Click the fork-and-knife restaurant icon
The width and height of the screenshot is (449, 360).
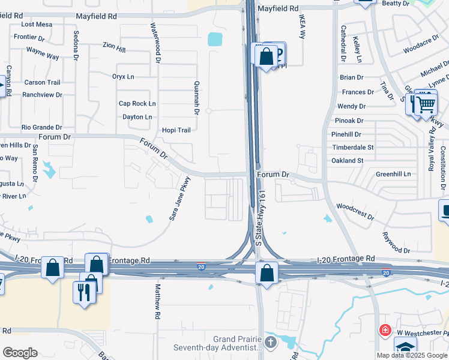coord(83,292)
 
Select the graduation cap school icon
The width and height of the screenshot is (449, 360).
coord(405,349)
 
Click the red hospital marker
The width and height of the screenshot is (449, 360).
coord(384,331)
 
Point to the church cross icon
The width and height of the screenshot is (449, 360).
coord(271,343)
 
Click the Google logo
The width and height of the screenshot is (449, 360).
coord(20,353)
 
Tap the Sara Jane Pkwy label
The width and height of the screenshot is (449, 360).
coord(179,198)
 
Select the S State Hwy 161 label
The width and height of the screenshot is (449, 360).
coord(261,218)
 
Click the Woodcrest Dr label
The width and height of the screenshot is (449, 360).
coord(355,211)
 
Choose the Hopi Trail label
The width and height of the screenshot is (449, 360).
coord(176,130)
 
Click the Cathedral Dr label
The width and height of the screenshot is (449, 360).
coord(343,43)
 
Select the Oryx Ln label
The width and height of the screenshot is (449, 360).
coord(123,77)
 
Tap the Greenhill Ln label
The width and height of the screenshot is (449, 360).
coord(393,174)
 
